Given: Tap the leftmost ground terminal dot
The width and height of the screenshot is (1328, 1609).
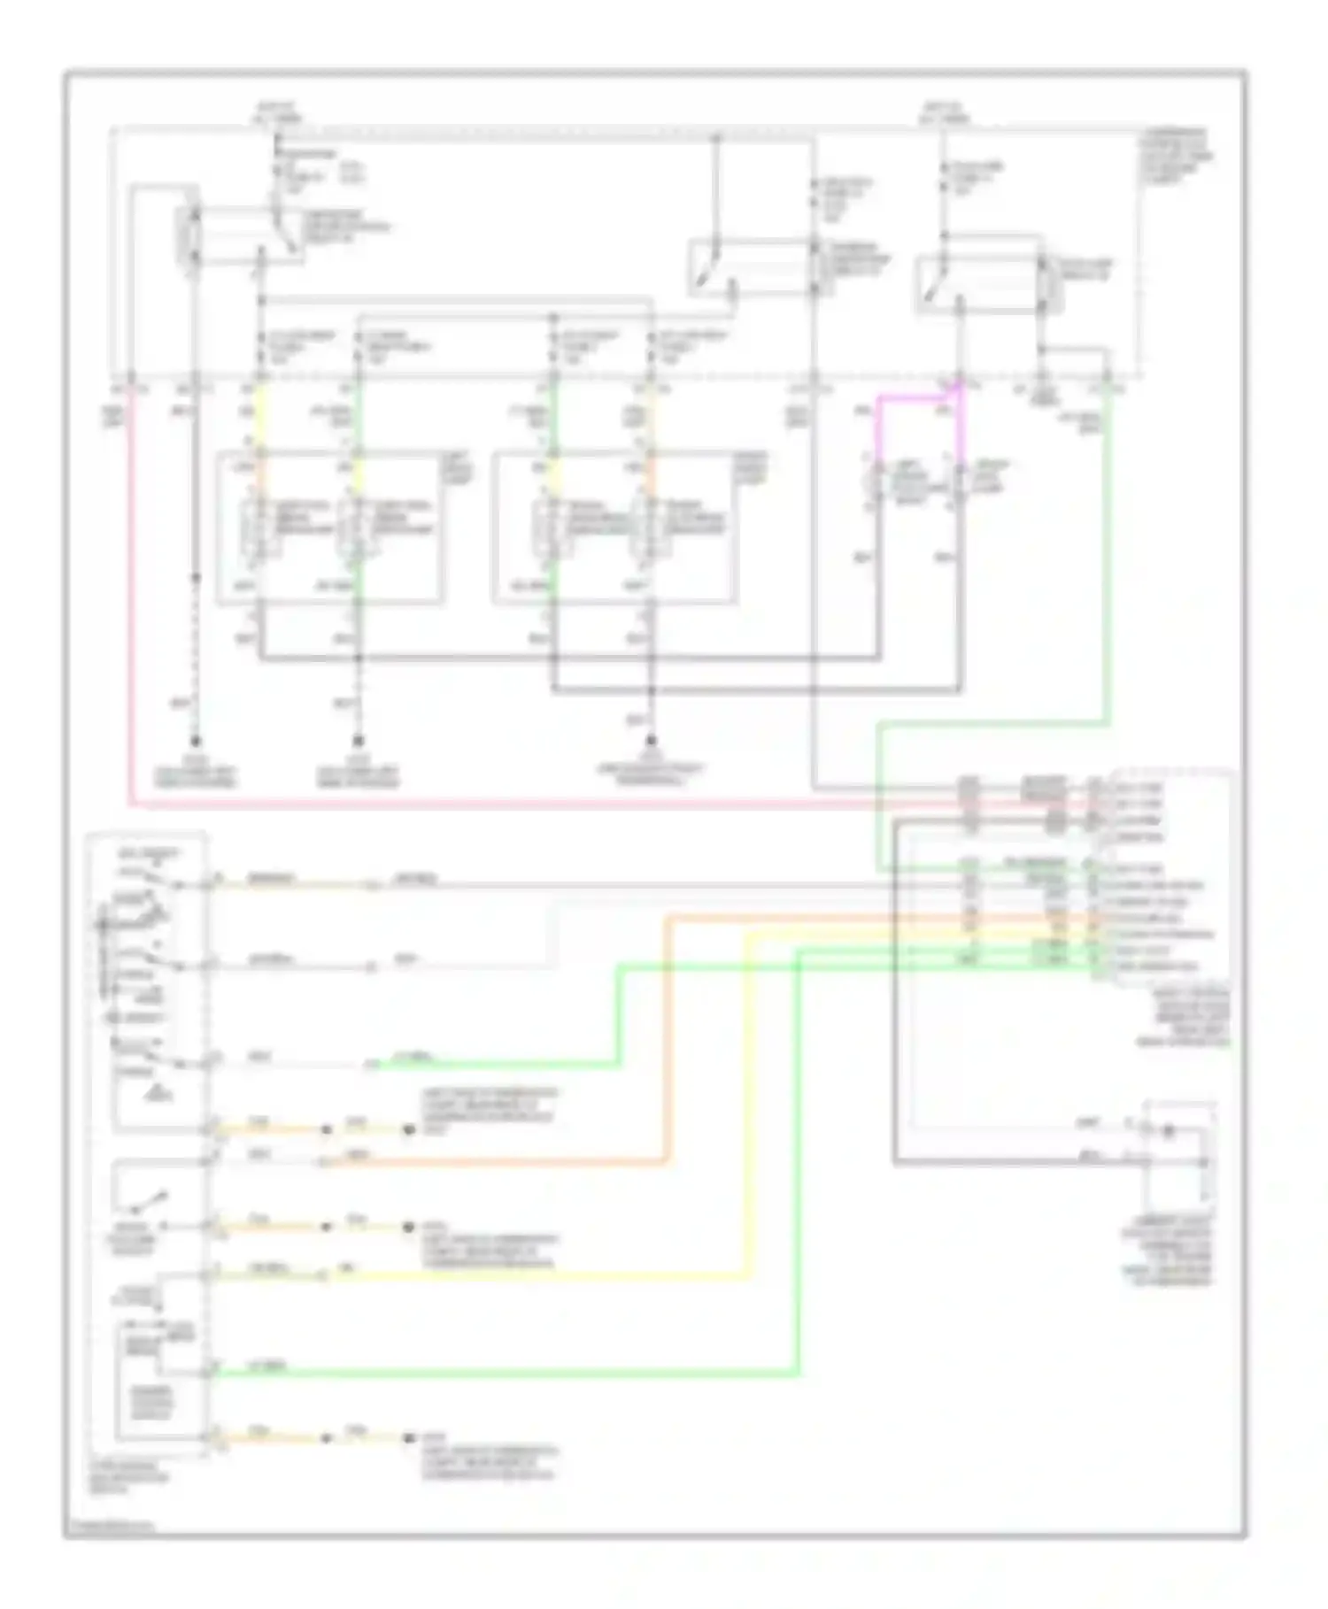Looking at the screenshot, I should tap(196, 741).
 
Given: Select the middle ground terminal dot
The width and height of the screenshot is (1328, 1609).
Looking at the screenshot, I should tap(359, 741).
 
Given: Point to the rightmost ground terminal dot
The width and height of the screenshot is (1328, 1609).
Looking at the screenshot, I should tap(652, 741).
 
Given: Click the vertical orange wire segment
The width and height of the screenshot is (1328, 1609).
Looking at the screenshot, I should tap(665, 1035).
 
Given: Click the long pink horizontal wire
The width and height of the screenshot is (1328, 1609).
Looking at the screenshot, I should tap(531, 804).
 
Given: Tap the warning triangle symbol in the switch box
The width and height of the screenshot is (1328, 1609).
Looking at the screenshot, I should tap(160, 1094).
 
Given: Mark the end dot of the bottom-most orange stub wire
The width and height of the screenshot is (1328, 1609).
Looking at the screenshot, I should tap(408, 1438).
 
